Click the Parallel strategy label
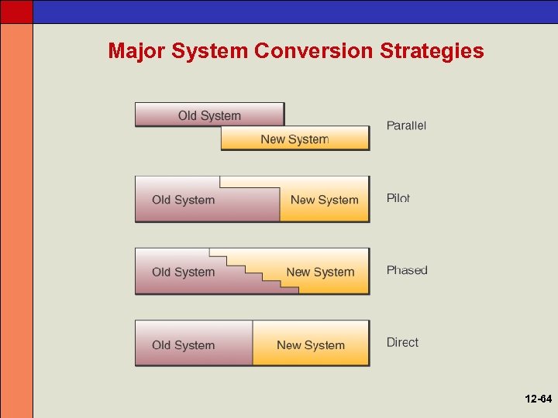pos(406,125)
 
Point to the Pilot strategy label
pos(398,198)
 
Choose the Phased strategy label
pos(407,270)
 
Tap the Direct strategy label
pos(402,342)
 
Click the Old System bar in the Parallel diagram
pos(209,115)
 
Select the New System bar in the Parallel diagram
pos(294,139)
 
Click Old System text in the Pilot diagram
pos(183,200)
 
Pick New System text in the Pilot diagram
pos(324,200)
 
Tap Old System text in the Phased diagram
pos(183,272)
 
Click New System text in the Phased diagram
pos(320,272)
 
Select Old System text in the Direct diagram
pos(183,345)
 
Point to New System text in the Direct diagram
pos(310,345)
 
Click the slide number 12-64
pos(537,399)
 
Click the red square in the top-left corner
pos(16,11)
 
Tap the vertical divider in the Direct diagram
pos(253,343)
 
